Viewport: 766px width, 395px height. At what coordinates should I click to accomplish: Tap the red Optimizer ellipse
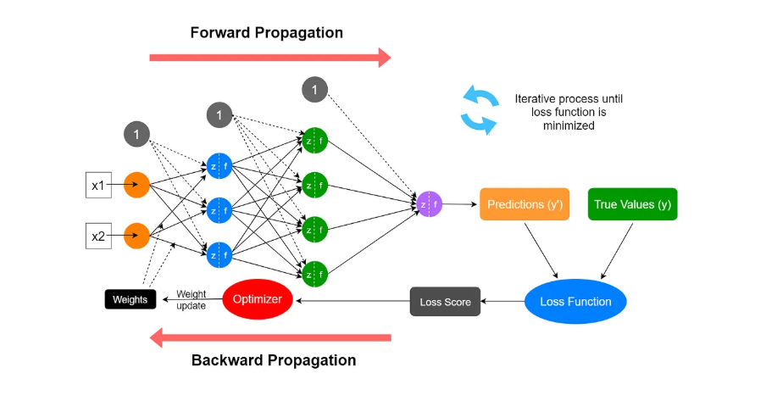258,299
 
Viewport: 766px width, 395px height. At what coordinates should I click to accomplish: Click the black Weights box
130,299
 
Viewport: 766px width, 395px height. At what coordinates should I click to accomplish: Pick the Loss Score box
446,302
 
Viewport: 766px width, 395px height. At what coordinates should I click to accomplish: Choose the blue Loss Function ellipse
574,301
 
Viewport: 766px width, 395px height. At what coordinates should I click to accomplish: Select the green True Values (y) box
632,204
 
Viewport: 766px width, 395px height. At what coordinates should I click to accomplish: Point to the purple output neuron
429,203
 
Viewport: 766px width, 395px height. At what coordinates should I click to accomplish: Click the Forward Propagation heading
266,33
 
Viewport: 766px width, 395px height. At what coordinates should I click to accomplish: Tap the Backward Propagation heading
274,360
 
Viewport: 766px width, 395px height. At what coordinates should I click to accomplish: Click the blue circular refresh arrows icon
479,110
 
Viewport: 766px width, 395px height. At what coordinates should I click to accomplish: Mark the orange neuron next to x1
136,184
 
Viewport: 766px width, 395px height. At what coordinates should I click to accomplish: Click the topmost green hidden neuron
315,139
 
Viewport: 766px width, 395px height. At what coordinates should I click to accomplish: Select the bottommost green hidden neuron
315,273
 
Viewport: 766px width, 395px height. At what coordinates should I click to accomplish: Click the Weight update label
191,299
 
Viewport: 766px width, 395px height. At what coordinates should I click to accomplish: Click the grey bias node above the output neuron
314,88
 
